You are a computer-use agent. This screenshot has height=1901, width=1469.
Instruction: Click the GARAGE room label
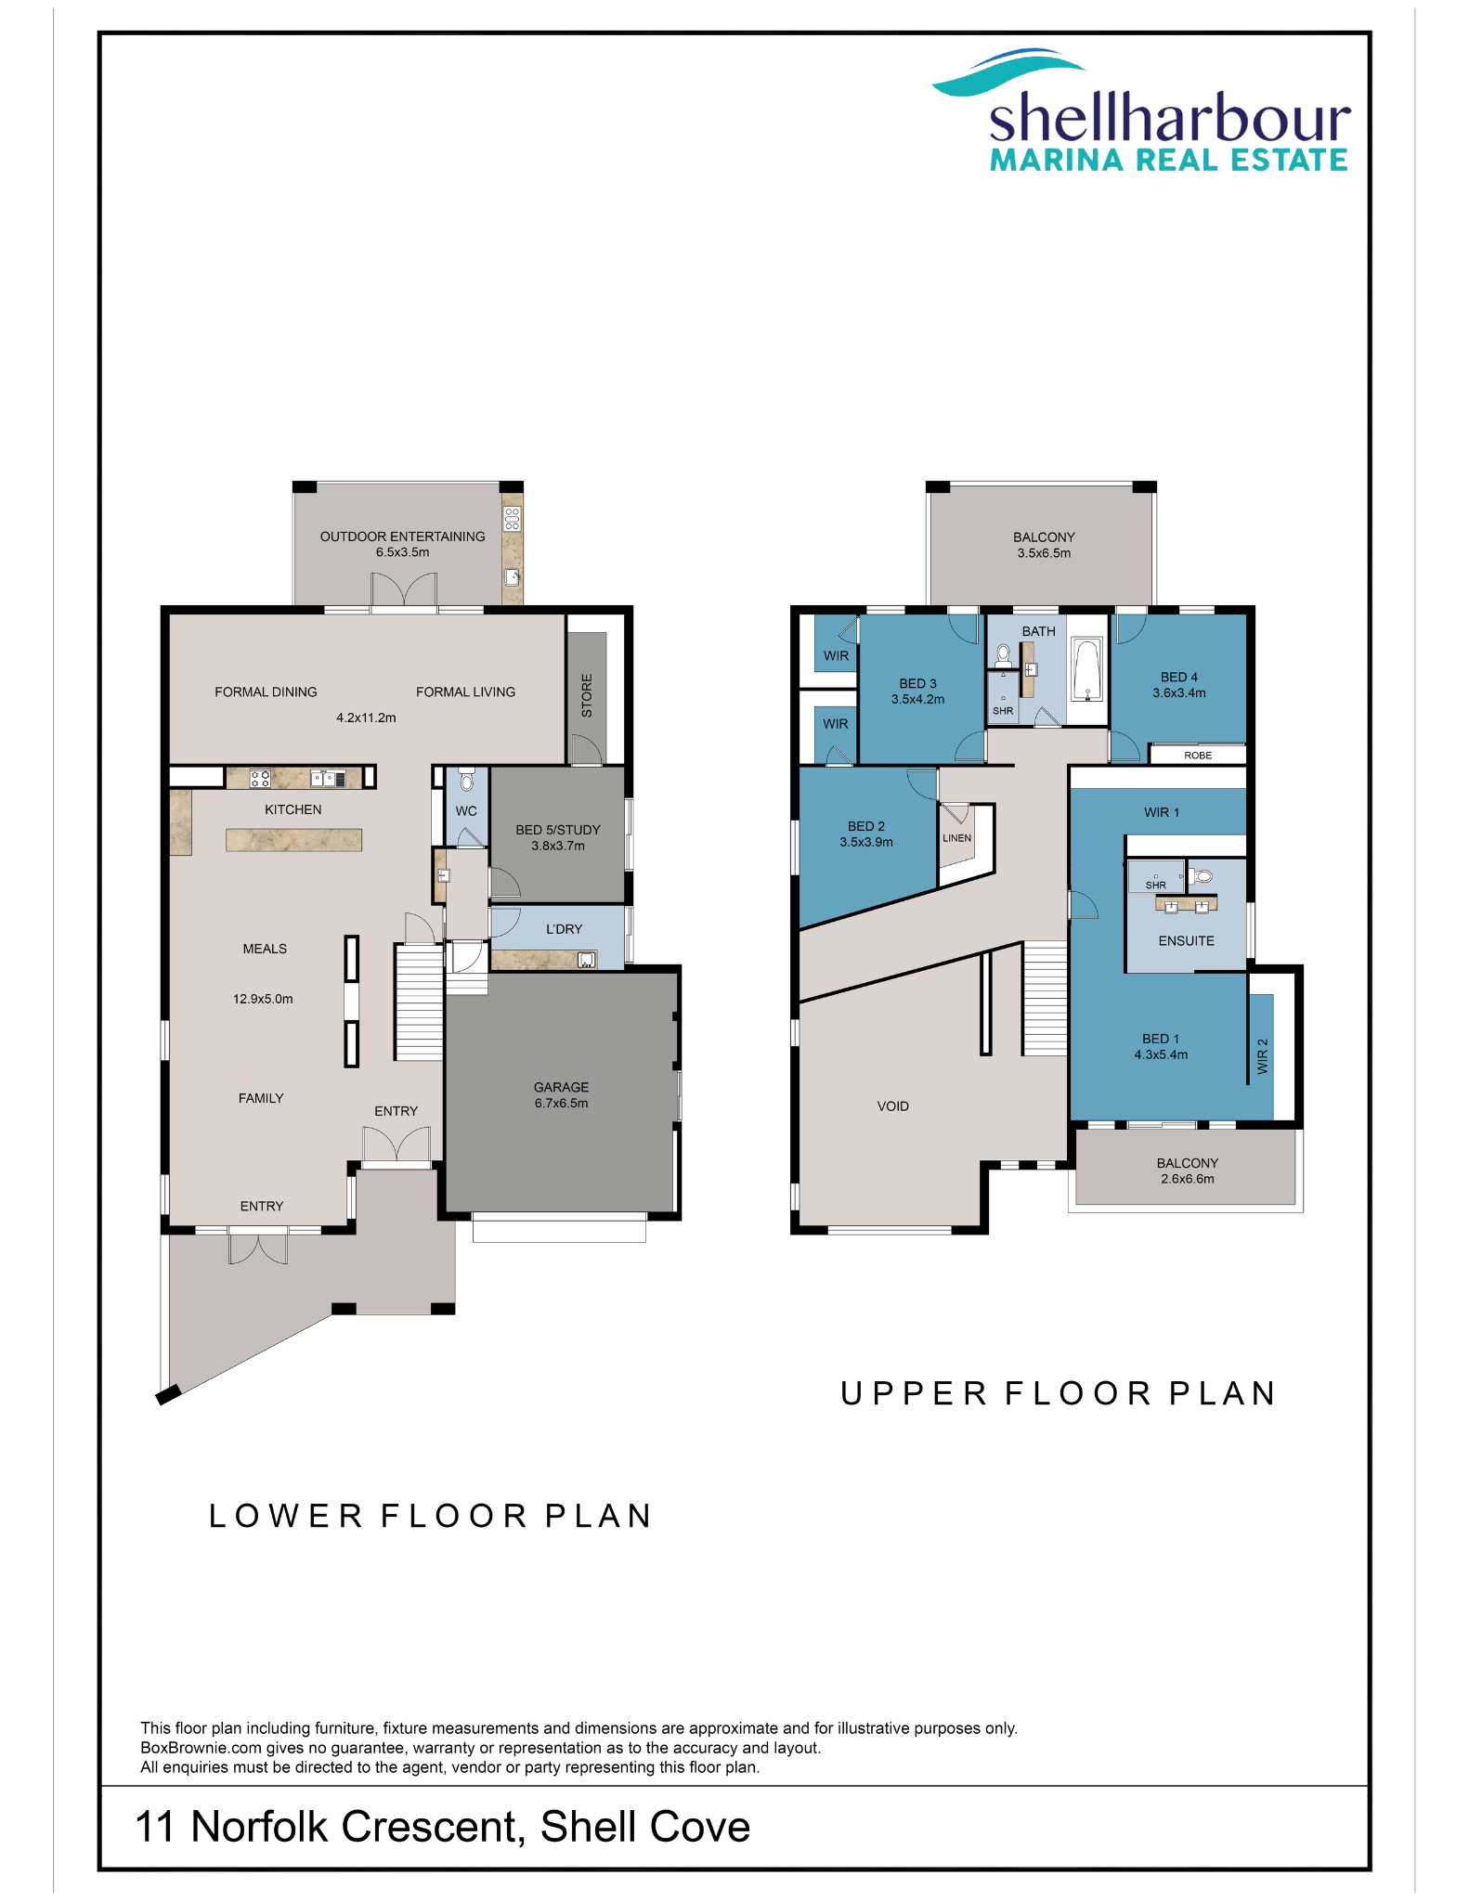(561, 1087)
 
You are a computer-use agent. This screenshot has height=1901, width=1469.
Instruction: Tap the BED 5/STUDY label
(558, 830)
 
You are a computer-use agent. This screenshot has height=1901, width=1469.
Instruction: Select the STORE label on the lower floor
(587, 695)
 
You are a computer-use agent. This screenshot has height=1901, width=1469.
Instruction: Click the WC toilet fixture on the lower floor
(467, 779)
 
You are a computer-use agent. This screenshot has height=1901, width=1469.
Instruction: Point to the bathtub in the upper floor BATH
(1086, 668)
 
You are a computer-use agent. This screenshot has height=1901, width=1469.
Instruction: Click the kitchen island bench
(293, 840)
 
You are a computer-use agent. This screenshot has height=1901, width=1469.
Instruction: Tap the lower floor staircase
(419, 1002)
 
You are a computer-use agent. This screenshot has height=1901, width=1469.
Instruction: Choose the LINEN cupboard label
(956, 838)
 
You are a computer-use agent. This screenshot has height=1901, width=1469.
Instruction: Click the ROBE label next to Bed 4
(1198, 756)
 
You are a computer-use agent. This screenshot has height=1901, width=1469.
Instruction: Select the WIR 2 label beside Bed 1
(1262, 1056)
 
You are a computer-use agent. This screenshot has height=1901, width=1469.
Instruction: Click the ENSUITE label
(1186, 941)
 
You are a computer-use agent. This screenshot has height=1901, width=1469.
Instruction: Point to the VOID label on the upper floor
(893, 1106)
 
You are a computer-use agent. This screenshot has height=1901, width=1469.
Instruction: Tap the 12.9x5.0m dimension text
(263, 999)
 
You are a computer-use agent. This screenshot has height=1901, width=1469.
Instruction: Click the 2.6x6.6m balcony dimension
(1187, 1179)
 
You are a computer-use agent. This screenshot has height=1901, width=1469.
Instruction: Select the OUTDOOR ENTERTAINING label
(402, 537)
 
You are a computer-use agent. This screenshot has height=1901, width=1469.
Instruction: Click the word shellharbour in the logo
(1170, 120)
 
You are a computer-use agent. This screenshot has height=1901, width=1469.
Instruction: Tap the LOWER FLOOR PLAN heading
(430, 1516)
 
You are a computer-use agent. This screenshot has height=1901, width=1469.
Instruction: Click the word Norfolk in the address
(259, 1827)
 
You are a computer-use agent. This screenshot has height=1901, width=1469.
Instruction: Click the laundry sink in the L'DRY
(587, 960)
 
